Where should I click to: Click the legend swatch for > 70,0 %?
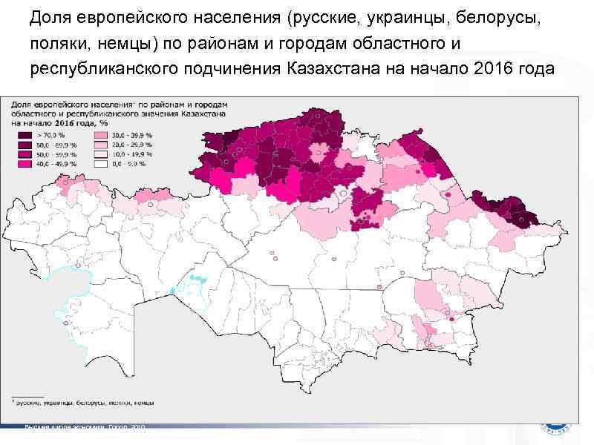(25, 136)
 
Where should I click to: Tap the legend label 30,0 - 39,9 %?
(131, 136)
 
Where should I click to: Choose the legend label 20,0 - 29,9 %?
(131, 145)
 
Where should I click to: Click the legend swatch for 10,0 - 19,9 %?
(99, 154)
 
